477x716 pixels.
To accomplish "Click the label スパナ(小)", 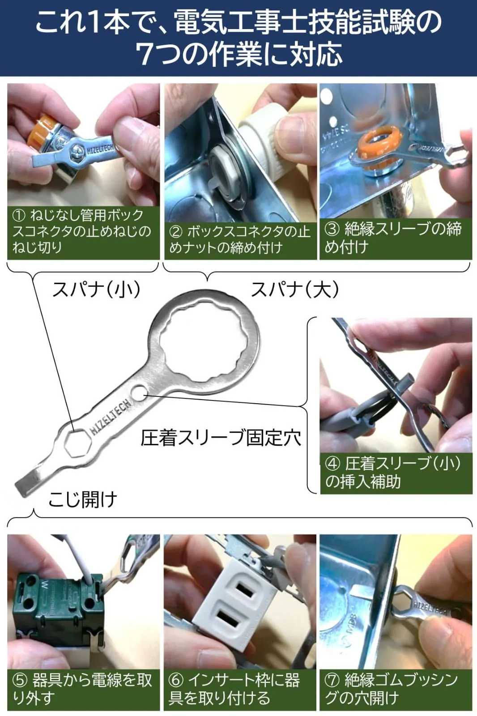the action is [96, 290].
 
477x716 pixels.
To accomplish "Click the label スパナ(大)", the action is [295, 290].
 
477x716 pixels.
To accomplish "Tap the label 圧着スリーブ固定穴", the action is [221, 438].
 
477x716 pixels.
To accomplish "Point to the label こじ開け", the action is [83, 499].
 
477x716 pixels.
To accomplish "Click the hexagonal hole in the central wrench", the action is [77, 443].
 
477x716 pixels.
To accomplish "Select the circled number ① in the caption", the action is [19, 216].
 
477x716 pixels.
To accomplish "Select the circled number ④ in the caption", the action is [332, 464].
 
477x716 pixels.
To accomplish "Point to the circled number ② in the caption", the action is [175, 232].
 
